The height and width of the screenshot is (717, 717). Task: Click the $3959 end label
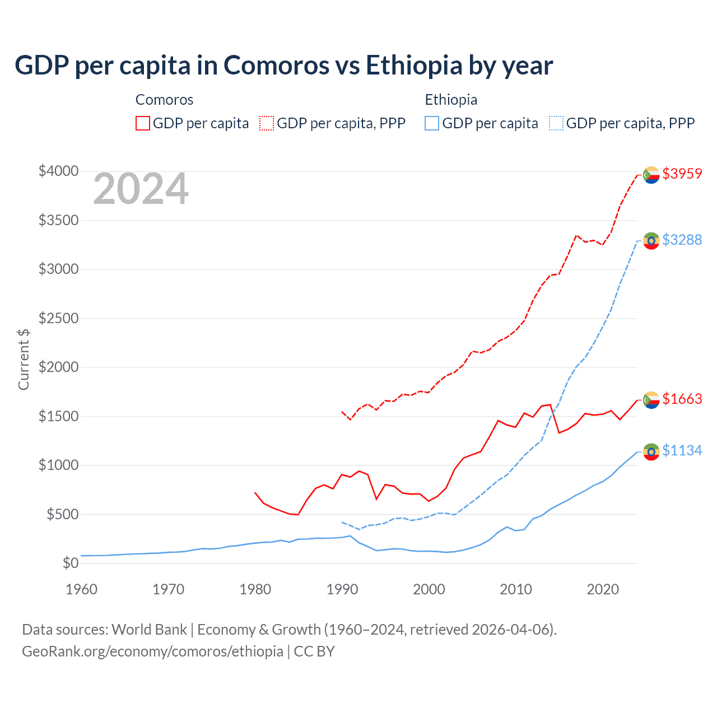point(682,174)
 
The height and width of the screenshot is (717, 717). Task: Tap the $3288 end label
point(682,240)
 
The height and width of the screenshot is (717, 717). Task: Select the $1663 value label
point(682,399)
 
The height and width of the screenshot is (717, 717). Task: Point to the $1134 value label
point(682,450)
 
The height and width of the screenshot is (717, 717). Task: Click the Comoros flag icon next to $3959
point(651,175)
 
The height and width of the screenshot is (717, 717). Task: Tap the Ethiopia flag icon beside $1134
point(651,452)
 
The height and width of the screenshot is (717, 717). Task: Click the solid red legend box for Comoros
point(143,123)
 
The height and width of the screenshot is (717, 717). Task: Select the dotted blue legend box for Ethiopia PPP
point(556,123)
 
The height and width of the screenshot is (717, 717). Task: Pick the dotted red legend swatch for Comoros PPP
point(267,123)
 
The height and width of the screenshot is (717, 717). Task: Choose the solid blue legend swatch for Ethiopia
point(432,123)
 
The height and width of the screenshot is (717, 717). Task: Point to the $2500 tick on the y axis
point(58,319)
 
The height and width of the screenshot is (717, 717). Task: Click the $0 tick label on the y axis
point(70,563)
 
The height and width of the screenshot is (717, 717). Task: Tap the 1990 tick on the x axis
point(342,589)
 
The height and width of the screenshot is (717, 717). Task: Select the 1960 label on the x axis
point(82,589)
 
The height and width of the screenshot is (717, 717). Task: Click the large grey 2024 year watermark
point(141,189)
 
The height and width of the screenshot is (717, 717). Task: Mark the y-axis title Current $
point(24,359)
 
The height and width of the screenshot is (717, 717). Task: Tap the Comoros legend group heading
point(164,100)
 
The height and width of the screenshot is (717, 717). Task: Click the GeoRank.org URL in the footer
point(152,651)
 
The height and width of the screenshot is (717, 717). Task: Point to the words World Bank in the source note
point(149,630)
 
